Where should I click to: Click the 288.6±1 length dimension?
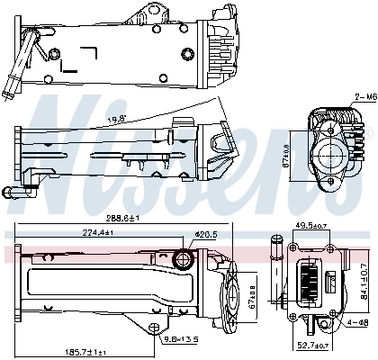(121, 219)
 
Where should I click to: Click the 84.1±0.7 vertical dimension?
(364, 281)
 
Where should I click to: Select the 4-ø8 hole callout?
(357, 322)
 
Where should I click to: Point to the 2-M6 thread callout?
(364, 95)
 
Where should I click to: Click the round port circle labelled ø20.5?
(184, 261)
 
